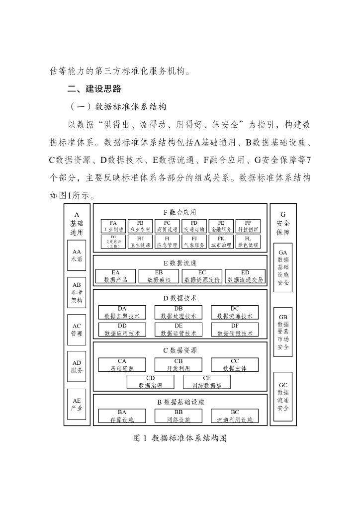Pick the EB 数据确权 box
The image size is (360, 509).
(x=159, y=276)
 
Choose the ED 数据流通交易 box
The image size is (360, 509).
(x=245, y=276)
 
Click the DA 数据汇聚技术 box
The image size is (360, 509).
(x=122, y=312)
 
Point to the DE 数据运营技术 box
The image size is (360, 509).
(x=179, y=330)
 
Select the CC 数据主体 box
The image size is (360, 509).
(x=235, y=365)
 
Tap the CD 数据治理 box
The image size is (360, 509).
(x=150, y=382)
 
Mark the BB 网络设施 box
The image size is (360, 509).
(x=179, y=416)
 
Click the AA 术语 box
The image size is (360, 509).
(x=77, y=255)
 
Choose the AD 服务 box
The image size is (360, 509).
(x=77, y=366)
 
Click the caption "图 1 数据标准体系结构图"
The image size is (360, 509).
(x=180, y=438)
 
